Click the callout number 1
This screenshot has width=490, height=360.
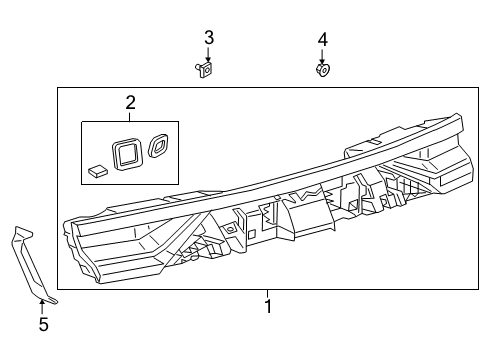(x=268, y=306)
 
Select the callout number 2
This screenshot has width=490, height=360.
(x=131, y=103)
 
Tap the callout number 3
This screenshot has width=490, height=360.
(x=209, y=37)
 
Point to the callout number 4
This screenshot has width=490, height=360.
(x=322, y=40)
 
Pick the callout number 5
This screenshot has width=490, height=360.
(x=44, y=324)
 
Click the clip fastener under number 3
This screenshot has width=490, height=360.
(x=204, y=69)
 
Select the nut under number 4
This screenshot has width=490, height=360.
(x=323, y=70)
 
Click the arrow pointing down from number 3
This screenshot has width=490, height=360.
(x=208, y=55)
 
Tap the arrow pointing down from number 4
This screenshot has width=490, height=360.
(x=322, y=57)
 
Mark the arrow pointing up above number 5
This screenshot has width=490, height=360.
(x=42, y=307)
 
